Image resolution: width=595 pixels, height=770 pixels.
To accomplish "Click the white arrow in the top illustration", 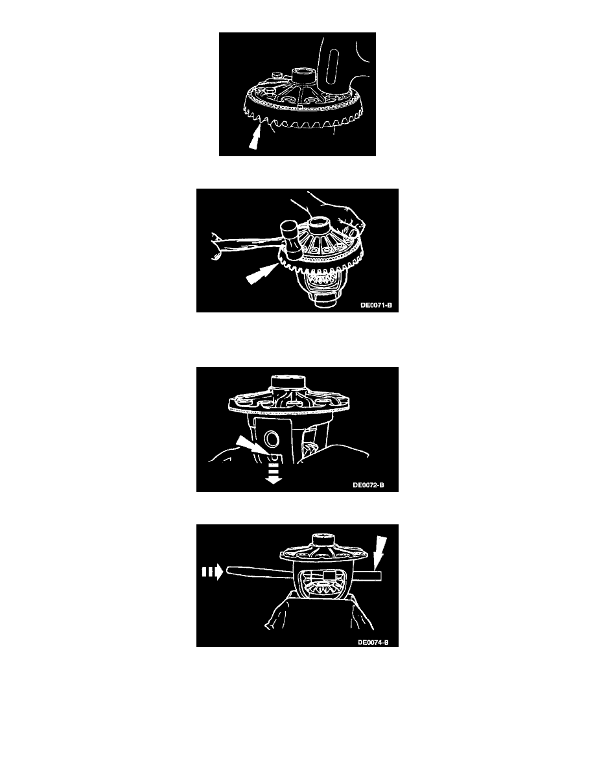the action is pos(254,137).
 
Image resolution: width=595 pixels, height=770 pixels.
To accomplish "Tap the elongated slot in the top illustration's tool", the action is pos(333,65).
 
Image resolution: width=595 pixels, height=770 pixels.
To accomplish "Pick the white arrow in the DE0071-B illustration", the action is pos(260,274).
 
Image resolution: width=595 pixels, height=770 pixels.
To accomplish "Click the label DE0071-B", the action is pos(376,305).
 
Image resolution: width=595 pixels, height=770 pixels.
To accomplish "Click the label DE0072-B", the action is pos(368,485).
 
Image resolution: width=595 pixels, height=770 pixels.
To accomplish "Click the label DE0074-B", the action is pos(373,642).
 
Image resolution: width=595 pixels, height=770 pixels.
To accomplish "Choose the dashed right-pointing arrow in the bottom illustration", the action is pos(213,572).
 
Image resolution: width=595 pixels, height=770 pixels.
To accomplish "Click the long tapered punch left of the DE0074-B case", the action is pos(259,572).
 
